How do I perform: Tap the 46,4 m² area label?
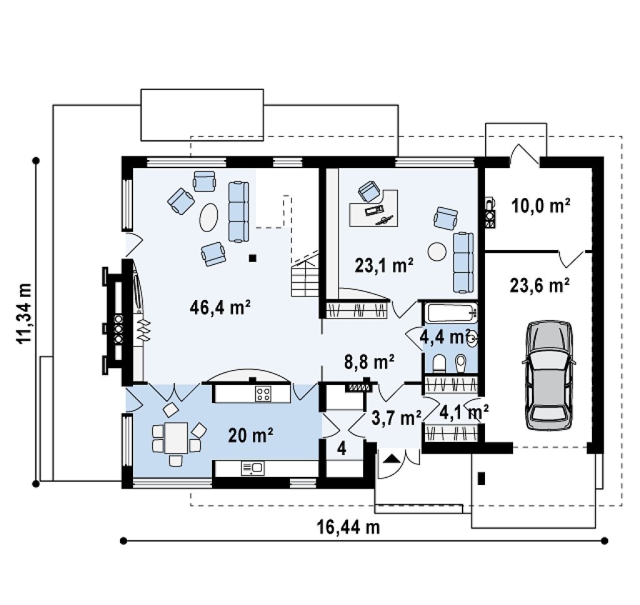coord(219,307)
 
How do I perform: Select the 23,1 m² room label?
coord(384,266)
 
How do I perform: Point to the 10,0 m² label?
coord(541,206)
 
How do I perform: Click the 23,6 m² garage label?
coord(539,285)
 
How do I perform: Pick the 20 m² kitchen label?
coord(251,436)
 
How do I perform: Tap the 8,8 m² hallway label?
coord(369,362)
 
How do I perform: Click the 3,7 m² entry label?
coord(396,418)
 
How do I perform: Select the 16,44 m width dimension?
coord(348,527)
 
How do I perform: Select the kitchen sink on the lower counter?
coord(252,469)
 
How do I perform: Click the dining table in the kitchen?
coord(176,438)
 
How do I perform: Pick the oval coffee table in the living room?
coord(208,217)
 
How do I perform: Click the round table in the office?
coord(437,251)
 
